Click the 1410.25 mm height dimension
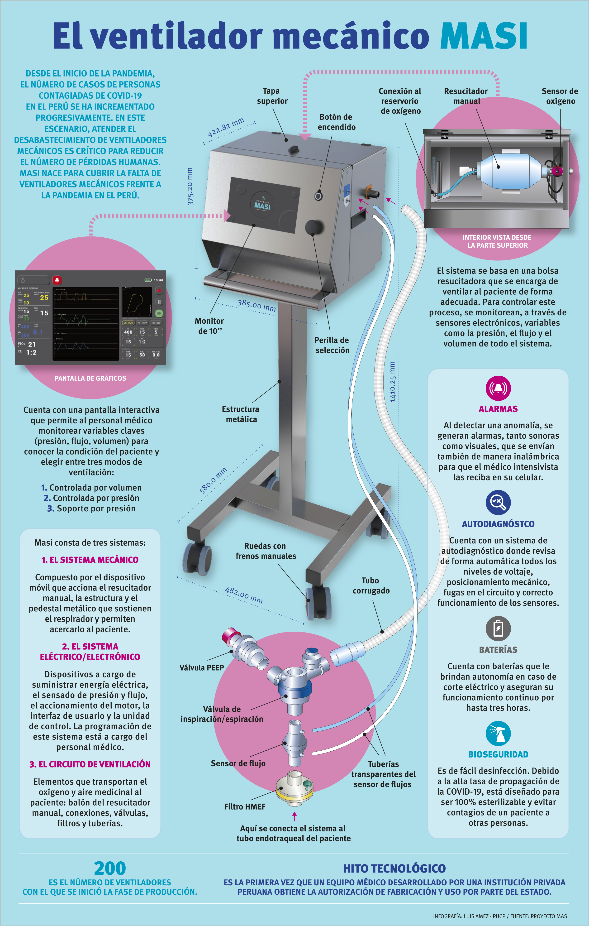click(392, 381)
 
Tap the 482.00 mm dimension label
click(244, 595)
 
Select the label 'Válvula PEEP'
click(201, 667)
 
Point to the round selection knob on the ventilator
click(313, 227)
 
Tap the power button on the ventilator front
click(318, 196)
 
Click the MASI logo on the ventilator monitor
click(262, 205)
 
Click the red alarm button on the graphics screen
click(57, 280)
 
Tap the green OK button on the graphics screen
click(159, 313)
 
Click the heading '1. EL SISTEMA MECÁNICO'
click(90, 560)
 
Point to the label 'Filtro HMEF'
click(245, 807)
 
